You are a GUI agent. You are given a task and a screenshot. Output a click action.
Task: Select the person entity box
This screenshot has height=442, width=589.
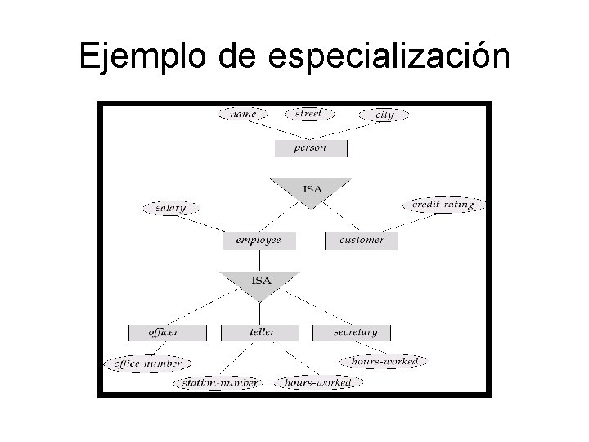pos(310,148)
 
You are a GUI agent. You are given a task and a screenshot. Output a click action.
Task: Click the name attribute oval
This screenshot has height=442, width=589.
pos(242,115)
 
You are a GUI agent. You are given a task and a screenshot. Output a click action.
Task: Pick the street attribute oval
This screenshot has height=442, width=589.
pos(308,115)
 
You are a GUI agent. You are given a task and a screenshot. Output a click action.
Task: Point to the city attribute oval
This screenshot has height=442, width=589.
pos(384,115)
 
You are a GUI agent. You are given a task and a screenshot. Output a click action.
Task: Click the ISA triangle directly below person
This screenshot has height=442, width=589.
pos(312,189)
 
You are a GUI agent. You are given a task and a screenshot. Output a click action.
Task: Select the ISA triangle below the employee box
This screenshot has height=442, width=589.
pos(260,281)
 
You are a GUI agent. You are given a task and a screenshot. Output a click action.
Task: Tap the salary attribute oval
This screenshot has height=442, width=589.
pos(170,208)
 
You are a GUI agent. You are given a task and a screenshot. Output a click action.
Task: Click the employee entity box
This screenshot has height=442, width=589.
pos(259,241)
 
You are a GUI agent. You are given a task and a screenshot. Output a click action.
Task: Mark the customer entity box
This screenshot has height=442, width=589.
pos(361,241)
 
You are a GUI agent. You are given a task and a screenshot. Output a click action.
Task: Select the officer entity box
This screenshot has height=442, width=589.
pos(164,332)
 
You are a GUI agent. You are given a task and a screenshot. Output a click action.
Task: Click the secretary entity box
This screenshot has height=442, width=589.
pos(355,332)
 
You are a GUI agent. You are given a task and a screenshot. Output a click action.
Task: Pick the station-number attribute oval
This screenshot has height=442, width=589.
pos(217,382)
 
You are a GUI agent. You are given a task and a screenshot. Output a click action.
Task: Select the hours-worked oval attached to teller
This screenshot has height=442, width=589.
pos(317,382)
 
